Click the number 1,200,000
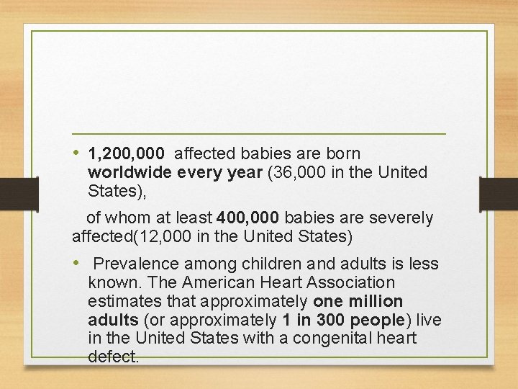127,153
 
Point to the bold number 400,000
245,218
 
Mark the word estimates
122,300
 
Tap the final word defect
112,357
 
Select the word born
344,153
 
